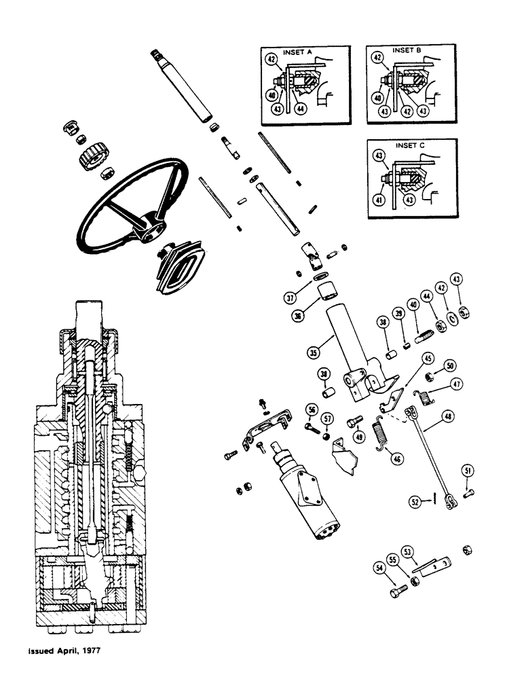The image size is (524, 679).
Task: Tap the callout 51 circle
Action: pyautogui.click(x=468, y=471)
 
